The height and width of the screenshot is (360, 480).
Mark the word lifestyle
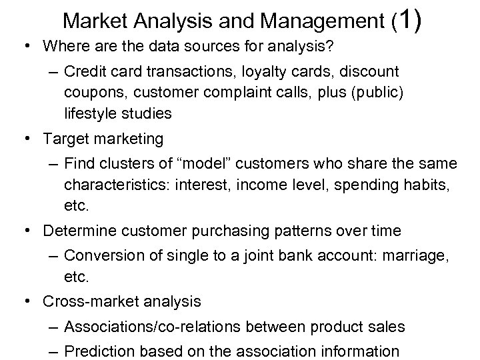(90, 113)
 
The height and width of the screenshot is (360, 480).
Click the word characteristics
(117, 185)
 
